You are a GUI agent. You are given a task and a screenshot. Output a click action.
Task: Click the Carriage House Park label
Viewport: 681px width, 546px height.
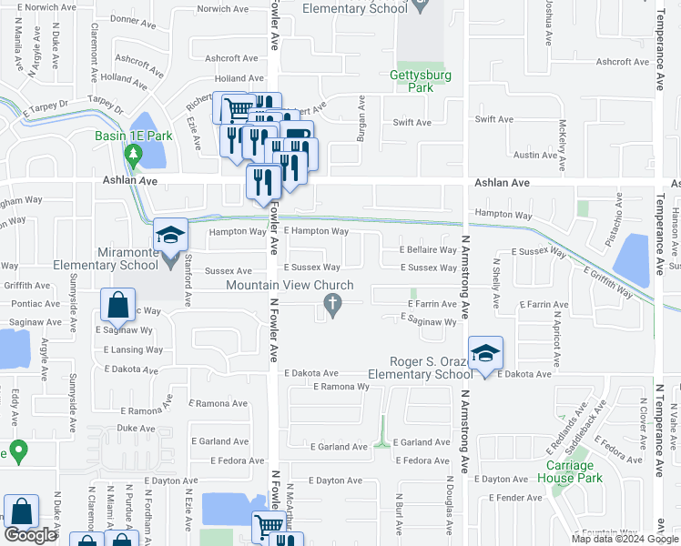coord(569,470)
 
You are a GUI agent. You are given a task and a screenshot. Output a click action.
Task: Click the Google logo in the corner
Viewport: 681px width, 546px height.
coord(30,535)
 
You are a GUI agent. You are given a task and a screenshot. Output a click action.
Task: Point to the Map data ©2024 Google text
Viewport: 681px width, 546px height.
coord(625,539)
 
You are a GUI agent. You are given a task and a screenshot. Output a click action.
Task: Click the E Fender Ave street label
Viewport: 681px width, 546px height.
coord(515,498)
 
